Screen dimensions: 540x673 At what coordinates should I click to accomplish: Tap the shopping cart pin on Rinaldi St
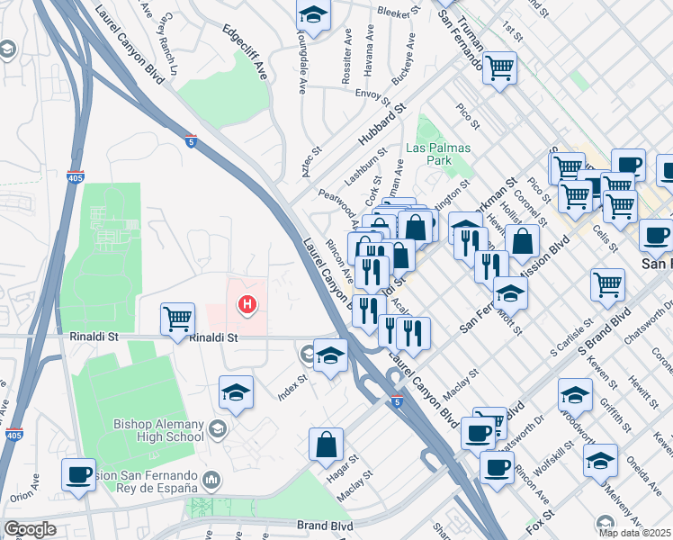[x=178, y=318]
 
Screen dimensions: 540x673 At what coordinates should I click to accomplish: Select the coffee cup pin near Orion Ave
[x=78, y=473]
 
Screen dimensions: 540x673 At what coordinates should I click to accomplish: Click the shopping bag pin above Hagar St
[x=326, y=443]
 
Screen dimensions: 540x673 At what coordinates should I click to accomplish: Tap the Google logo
[x=30, y=529]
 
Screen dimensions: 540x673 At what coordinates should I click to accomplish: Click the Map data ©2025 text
[x=635, y=533]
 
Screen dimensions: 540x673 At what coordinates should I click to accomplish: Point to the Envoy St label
[x=370, y=93]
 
